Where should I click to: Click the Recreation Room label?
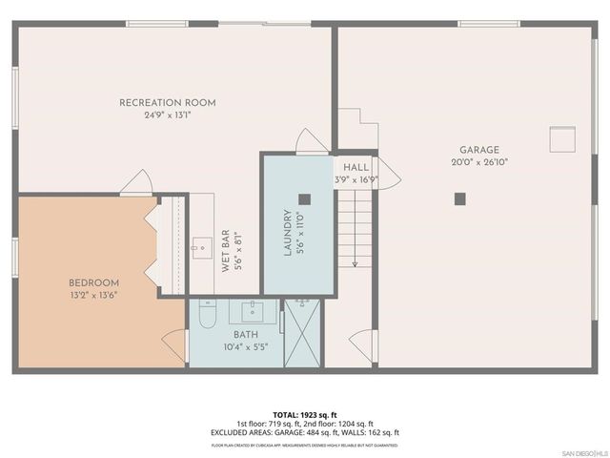pos(167,102)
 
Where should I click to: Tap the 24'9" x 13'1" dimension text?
pos(167,114)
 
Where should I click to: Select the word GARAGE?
pos(479,150)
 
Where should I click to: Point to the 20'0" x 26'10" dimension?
pos(479,162)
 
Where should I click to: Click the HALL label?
pos(356,167)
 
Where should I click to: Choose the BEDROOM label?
pos(93,282)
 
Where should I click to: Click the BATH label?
pos(245,335)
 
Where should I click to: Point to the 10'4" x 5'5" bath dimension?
pos(245,346)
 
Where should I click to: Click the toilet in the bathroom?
pos(209,315)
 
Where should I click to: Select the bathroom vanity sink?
pos(254,311)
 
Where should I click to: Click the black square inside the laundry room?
pos(304,199)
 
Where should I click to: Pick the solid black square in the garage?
pos(459,198)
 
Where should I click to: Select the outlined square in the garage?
pos(562,139)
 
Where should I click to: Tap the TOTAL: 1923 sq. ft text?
pos(305,415)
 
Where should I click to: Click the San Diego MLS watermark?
pos(582,451)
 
